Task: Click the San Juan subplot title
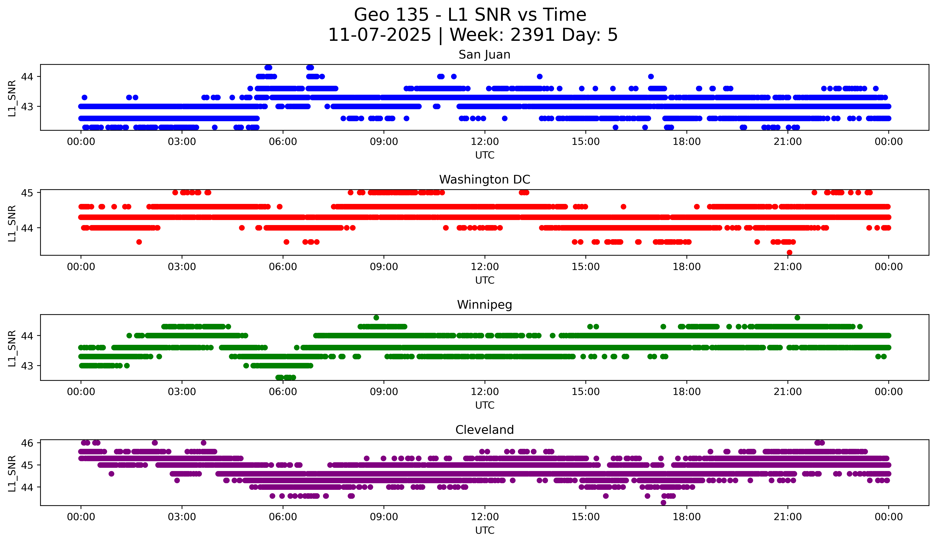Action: click(484, 55)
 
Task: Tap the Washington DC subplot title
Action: click(484, 180)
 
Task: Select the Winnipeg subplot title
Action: click(484, 305)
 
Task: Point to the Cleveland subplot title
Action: click(484, 430)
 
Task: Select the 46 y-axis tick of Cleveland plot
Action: click(27, 443)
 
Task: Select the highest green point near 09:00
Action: click(376, 318)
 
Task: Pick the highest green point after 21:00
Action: click(797, 318)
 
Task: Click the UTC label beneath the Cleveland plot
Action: click(484, 530)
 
